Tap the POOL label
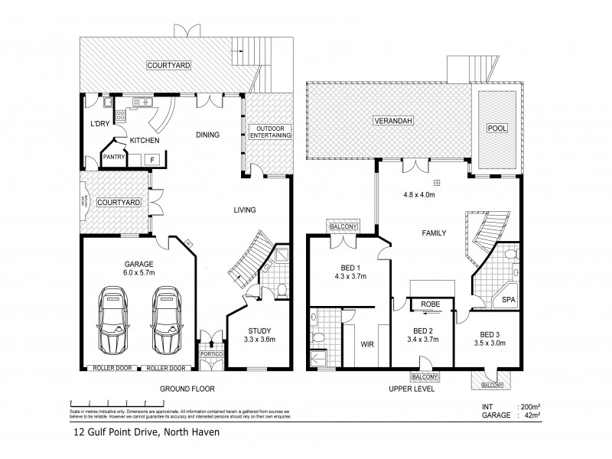(x=496, y=128)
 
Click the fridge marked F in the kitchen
(x=152, y=159)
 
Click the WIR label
(x=367, y=345)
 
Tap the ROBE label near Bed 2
(x=429, y=304)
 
